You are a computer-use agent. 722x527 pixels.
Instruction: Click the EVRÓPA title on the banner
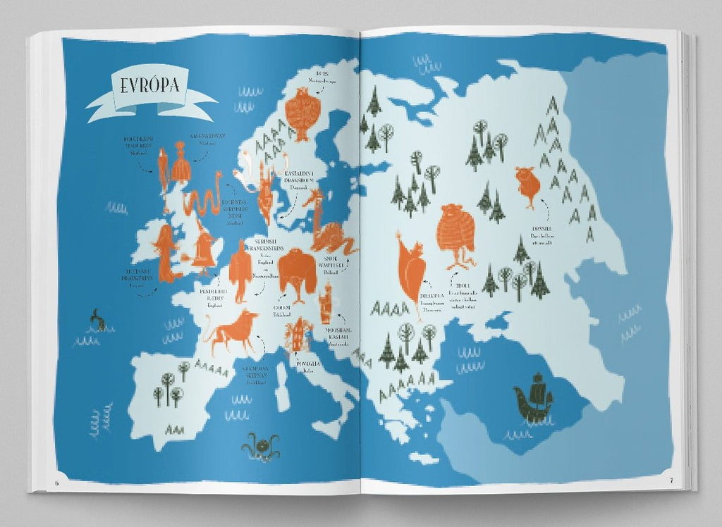(150, 87)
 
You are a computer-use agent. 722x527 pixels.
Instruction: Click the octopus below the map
(259, 446)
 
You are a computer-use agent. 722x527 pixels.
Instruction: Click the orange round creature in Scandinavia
(301, 113)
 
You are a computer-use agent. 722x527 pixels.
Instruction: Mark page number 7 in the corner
(672, 480)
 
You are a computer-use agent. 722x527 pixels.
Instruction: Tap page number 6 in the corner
(56, 481)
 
